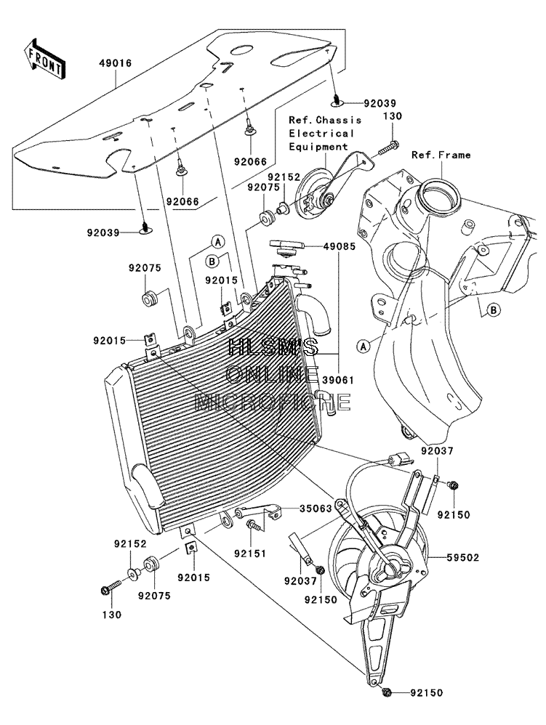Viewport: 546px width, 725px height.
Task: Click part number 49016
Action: pos(115,63)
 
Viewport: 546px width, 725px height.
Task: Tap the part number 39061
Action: pos(338,380)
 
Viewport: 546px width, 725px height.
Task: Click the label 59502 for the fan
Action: pos(462,558)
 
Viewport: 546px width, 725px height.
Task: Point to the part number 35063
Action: pos(316,509)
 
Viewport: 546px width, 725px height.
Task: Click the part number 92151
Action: pos(250,553)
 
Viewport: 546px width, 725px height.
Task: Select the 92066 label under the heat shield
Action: pos(183,202)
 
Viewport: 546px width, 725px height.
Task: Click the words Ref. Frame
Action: pos(441,155)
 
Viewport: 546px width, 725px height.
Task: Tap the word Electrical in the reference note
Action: pos(321,133)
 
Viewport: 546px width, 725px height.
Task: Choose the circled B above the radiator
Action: pos(212,262)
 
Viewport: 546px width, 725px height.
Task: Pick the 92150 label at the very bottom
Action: pos(426,692)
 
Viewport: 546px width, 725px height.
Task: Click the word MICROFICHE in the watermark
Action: pos(273,402)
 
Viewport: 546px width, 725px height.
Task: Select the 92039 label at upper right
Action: pos(380,104)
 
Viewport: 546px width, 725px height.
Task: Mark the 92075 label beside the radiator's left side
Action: pos(145,268)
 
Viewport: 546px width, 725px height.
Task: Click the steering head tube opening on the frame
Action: pos(439,192)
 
